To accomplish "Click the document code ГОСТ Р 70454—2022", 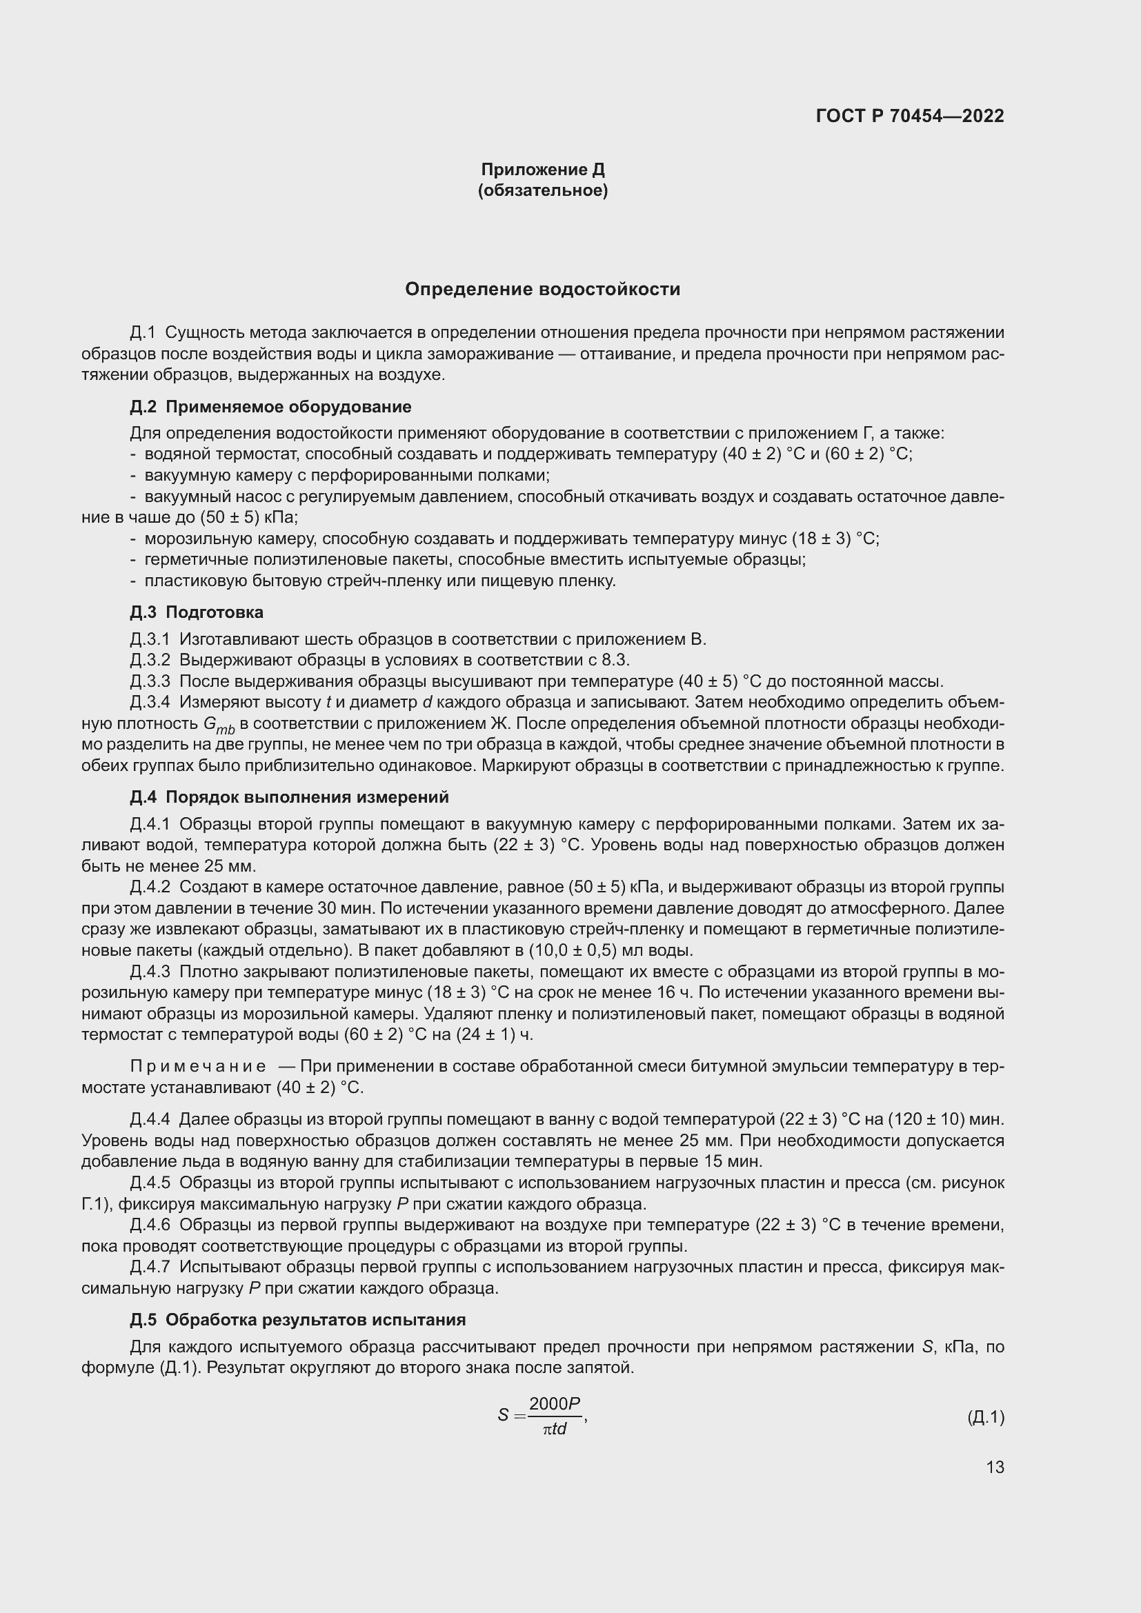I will (x=910, y=116).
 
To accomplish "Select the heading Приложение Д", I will (x=542, y=170).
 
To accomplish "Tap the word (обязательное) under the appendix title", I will (x=542, y=190).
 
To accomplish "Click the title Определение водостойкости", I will (x=542, y=290).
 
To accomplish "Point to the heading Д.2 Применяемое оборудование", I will (x=270, y=407).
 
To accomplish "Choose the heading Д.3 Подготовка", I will (x=197, y=612).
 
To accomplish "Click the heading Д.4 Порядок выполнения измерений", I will (x=289, y=797).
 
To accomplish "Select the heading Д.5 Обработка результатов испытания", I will (x=298, y=1320).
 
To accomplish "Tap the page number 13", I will (x=995, y=1467).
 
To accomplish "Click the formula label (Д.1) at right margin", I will (x=986, y=1418).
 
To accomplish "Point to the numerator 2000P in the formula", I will (x=555, y=1403).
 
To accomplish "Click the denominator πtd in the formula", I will (x=555, y=1429).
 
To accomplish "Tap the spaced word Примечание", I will (x=198, y=1066).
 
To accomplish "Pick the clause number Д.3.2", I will (x=150, y=661).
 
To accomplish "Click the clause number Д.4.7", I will (x=150, y=1268).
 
